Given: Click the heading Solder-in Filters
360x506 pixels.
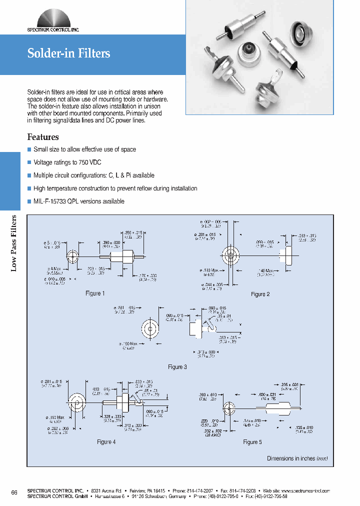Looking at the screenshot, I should (x=68, y=53).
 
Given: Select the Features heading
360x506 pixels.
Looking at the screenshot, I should (x=43, y=137).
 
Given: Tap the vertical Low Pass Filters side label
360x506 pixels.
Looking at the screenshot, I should (x=14, y=243).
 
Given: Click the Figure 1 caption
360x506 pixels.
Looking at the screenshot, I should (x=95, y=293).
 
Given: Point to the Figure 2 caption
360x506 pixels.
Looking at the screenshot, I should (x=260, y=294).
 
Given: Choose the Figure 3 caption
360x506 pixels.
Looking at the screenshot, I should (x=177, y=367).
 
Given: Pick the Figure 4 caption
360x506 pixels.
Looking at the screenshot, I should (x=106, y=442).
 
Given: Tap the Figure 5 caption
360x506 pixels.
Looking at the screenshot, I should (x=252, y=442).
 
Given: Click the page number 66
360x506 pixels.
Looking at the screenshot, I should (x=14, y=493).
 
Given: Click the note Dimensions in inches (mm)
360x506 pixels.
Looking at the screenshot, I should (x=297, y=458).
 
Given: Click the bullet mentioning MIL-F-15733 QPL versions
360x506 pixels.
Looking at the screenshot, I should (x=78, y=201).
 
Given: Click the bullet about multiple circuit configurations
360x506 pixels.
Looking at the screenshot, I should (x=93, y=175).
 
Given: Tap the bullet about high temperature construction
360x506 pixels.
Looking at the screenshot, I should (x=115, y=188).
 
